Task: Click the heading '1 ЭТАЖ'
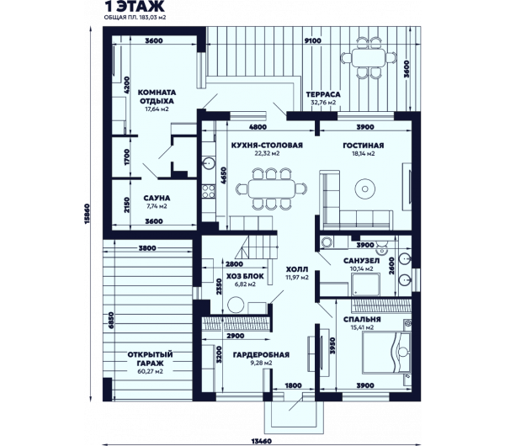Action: (135, 7)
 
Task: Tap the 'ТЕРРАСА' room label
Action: (323, 94)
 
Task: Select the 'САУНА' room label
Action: (157, 198)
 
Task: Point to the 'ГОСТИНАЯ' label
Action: (364, 146)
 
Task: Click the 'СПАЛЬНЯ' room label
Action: (362, 320)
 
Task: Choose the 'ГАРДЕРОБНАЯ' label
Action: (261, 355)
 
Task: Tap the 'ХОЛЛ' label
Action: (297, 269)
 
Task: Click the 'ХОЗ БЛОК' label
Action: (245, 276)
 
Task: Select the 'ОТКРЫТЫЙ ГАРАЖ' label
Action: (150, 359)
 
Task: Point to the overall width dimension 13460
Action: (262, 441)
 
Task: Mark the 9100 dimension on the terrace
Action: (313, 41)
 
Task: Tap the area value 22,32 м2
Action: (267, 154)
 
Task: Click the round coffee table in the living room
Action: (365, 188)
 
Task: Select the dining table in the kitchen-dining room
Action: (272, 188)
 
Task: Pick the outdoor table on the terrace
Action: (369, 58)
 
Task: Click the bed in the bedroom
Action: (386, 353)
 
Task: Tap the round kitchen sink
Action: (209, 163)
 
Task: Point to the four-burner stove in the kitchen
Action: (209, 191)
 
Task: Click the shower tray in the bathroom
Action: (365, 284)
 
